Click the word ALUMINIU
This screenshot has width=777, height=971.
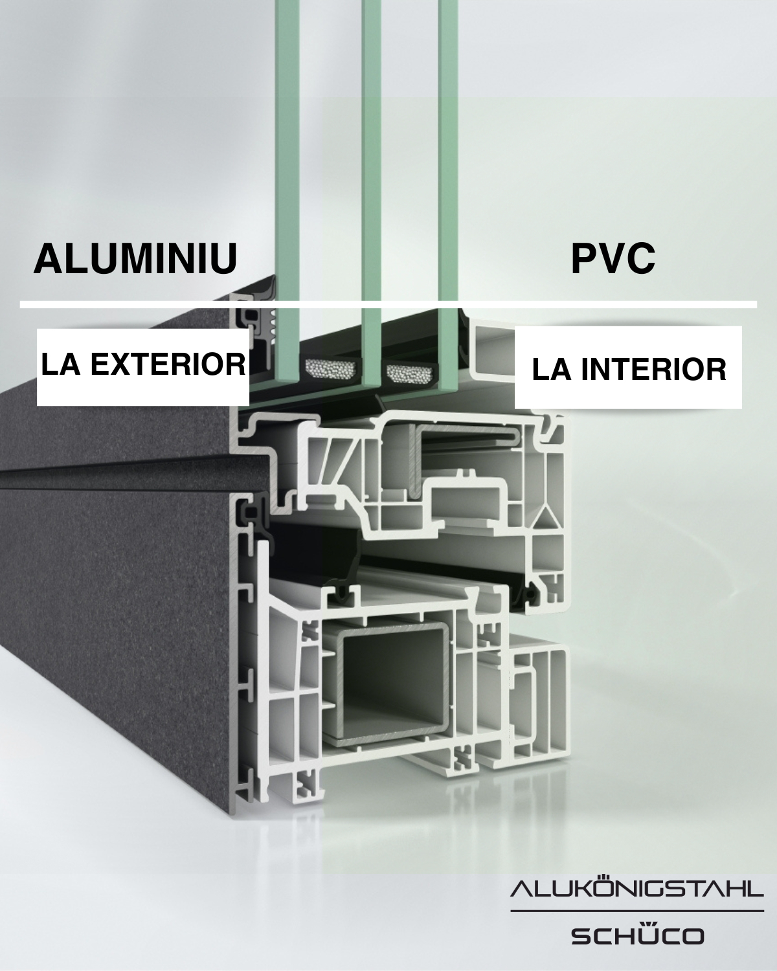click(135, 258)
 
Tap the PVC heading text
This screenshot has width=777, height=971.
click(613, 258)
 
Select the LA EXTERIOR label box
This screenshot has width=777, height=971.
click(142, 367)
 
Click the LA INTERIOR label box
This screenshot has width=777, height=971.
click(628, 367)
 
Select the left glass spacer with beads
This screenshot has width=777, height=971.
click(334, 371)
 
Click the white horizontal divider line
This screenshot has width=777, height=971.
click(388, 305)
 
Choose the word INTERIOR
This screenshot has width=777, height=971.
click(653, 370)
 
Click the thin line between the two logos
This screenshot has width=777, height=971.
click(637, 911)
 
